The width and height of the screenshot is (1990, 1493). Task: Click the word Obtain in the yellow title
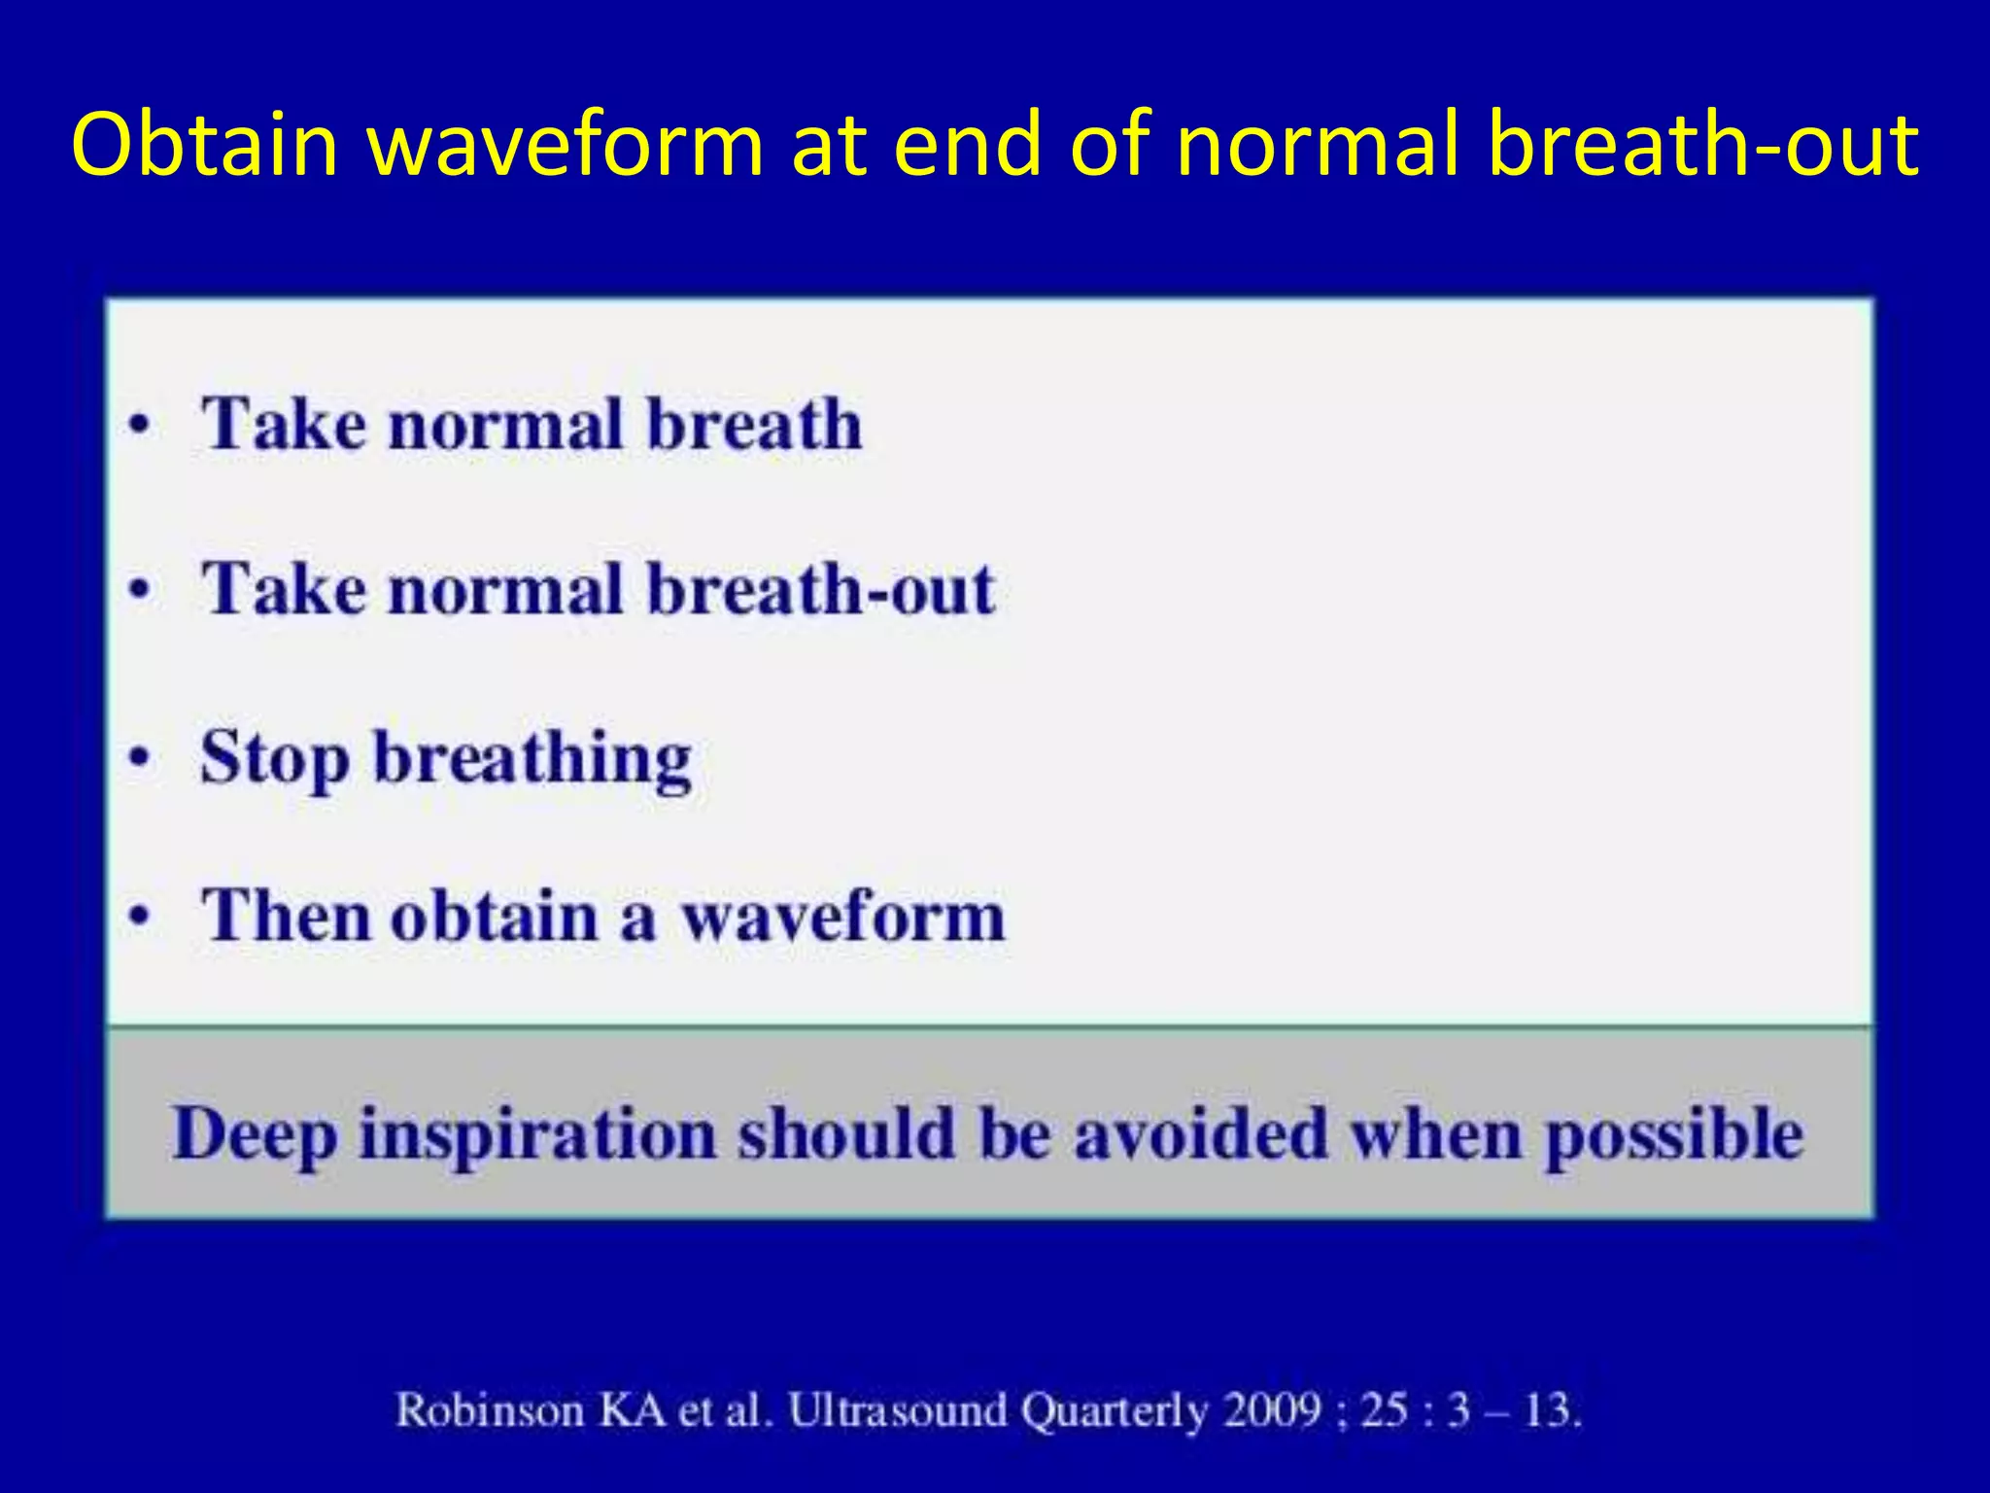(204, 146)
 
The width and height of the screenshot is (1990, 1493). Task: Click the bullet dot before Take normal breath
(141, 427)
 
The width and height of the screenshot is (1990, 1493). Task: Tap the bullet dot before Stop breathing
(141, 758)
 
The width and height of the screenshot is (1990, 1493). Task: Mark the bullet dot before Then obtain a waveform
(141, 917)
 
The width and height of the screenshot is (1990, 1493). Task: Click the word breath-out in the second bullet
(821, 590)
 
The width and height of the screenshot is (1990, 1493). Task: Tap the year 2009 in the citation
(1273, 1409)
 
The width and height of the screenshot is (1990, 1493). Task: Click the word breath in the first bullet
(754, 426)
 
